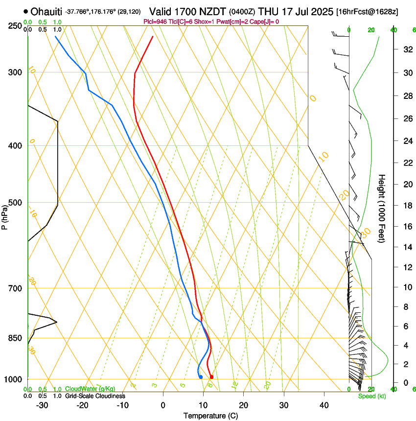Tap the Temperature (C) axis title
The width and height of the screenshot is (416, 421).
pyautogui.click(x=210, y=416)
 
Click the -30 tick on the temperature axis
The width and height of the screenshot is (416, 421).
pyautogui.click(x=42, y=405)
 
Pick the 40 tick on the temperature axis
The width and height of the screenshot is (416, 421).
pyautogui.click(x=324, y=405)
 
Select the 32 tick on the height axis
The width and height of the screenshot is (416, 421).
pyautogui.click(x=406, y=49)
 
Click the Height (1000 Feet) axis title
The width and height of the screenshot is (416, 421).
pyautogui.click(x=382, y=208)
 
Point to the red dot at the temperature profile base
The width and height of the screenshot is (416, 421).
pyautogui.click(x=211, y=377)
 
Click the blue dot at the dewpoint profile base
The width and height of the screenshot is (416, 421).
pyautogui.click(x=201, y=376)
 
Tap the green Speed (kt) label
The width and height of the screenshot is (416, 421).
pyautogui.click(x=371, y=396)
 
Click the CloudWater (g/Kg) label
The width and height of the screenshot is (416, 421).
pyautogui.click(x=91, y=389)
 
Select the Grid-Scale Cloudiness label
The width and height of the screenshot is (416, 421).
pyautogui.click(x=96, y=396)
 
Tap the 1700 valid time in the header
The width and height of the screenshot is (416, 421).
pyautogui.click(x=185, y=11)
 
